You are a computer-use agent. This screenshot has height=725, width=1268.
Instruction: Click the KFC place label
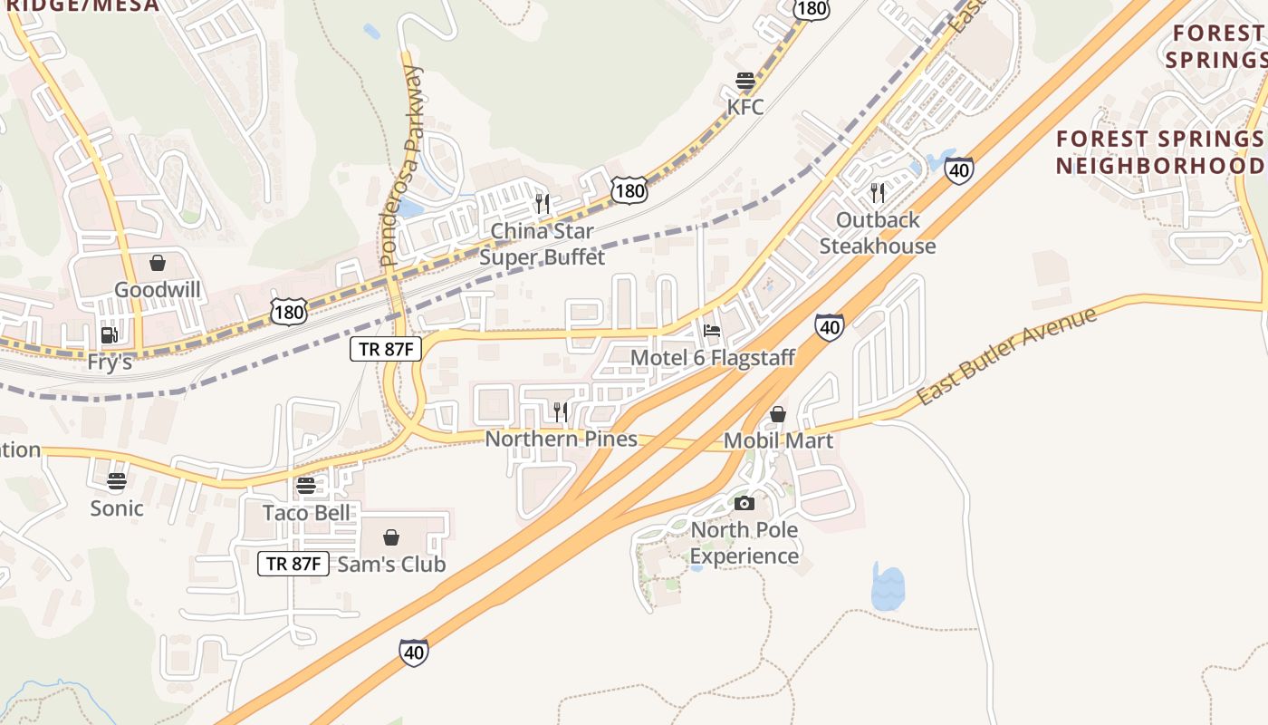[x=745, y=107]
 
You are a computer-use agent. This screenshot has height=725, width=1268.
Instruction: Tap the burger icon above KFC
[x=745, y=81]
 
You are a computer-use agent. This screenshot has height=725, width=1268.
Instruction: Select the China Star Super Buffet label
[x=543, y=245]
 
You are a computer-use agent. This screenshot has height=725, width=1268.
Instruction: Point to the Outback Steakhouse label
[x=878, y=233]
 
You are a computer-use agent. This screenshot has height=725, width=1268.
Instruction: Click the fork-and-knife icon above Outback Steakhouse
[x=877, y=192]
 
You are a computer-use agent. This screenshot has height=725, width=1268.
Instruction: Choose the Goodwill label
[x=158, y=290]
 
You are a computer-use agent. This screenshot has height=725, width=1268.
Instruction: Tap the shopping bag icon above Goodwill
[x=158, y=264]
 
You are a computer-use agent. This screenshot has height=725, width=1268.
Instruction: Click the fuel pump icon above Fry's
[x=110, y=335]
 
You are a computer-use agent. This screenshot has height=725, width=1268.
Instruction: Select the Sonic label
[x=117, y=508]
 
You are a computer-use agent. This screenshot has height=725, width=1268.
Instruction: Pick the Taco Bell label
[x=306, y=513]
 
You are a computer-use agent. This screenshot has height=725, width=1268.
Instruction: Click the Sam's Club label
[x=391, y=565]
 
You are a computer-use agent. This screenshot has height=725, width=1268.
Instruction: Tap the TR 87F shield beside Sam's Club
[x=293, y=564]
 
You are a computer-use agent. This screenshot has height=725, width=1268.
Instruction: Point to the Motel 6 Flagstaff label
[x=713, y=358]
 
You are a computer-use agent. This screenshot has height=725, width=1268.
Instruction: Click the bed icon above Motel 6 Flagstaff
[x=712, y=331]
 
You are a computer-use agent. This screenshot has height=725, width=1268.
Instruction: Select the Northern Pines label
[x=562, y=440]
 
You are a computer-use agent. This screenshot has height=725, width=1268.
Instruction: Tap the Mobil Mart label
[x=778, y=441]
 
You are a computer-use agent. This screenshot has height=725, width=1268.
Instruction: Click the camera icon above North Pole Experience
[x=744, y=503]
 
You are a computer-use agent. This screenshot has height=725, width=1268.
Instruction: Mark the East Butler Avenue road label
[x=1006, y=356]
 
